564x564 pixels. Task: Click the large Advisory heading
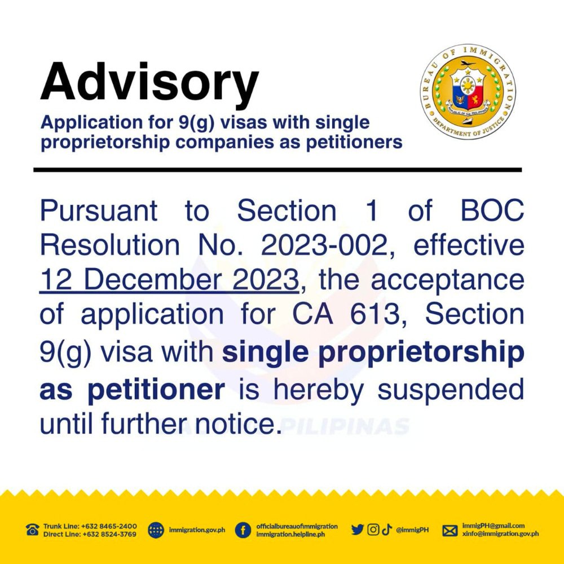pyautogui.click(x=149, y=83)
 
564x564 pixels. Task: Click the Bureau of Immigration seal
pyautogui.click(x=468, y=92)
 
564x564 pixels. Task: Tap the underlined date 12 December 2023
pyautogui.click(x=169, y=280)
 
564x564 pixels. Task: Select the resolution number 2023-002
pyautogui.click(x=324, y=245)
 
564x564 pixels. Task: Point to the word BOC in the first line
pyautogui.click(x=492, y=211)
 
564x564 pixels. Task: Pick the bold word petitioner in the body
pyautogui.click(x=156, y=390)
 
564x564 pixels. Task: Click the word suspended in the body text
pyautogui.click(x=450, y=389)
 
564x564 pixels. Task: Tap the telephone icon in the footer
pyautogui.click(x=32, y=530)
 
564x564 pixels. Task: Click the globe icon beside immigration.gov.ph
pyautogui.click(x=156, y=530)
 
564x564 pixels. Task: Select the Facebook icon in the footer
pyautogui.click(x=243, y=530)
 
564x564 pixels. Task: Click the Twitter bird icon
pyautogui.click(x=357, y=530)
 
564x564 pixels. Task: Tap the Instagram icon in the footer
pyautogui.click(x=373, y=530)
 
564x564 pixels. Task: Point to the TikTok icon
pyautogui.click(x=387, y=530)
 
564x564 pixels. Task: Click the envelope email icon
pyautogui.click(x=450, y=530)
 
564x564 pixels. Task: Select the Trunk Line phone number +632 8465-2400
pyautogui.click(x=109, y=526)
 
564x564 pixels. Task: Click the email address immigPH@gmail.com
pyautogui.click(x=493, y=526)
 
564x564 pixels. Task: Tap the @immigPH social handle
pyautogui.click(x=412, y=530)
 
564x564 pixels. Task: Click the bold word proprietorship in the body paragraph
pyautogui.click(x=421, y=353)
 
